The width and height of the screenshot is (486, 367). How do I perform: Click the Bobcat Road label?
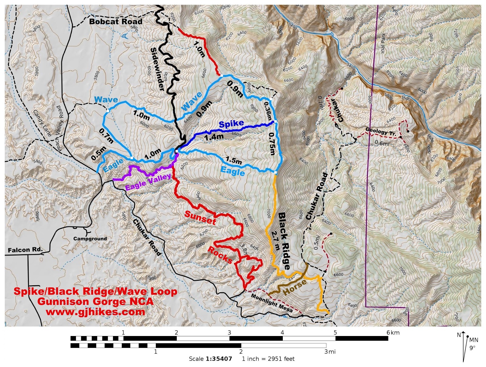(x=116, y=22)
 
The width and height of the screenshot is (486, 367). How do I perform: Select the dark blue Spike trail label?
(x=231, y=124)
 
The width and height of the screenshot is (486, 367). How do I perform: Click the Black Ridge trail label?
(x=284, y=241)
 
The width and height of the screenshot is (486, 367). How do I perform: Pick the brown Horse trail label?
(x=295, y=287)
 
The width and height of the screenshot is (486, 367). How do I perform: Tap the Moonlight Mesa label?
(x=272, y=303)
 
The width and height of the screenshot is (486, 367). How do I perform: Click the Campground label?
(x=90, y=239)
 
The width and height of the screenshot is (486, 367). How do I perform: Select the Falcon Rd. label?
(x=25, y=250)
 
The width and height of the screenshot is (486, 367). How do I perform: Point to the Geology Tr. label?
(x=381, y=131)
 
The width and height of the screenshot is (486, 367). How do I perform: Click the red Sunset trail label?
(x=200, y=218)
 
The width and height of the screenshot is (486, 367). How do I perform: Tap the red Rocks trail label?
(x=220, y=255)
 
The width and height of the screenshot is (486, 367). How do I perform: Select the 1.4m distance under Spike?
(x=214, y=137)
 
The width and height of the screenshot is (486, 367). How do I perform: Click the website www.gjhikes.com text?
(x=95, y=312)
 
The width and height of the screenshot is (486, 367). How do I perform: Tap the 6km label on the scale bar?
(x=393, y=333)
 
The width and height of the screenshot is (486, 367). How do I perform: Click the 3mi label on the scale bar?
(x=330, y=352)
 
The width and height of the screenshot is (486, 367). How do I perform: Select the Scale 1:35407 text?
(x=210, y=359)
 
